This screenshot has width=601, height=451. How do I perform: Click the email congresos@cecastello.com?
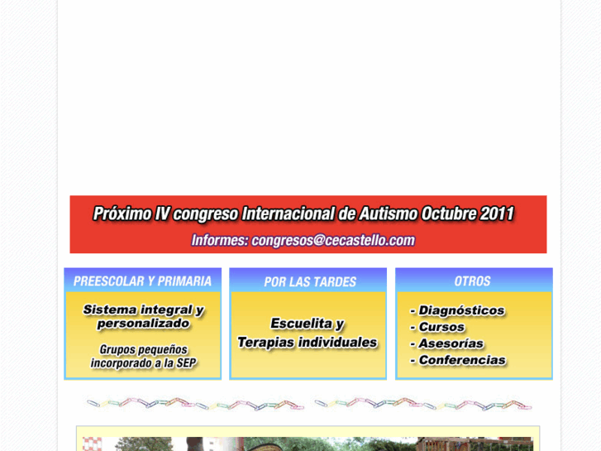pos(332,241)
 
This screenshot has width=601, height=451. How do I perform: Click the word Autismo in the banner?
pos(388,214)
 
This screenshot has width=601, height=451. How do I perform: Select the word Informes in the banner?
pos(220,241)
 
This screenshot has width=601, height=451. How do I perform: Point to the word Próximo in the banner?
pos(122,214)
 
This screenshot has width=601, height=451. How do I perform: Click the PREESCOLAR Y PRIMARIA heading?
pos(142,281)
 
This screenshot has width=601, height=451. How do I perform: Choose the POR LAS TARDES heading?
pos(310,282)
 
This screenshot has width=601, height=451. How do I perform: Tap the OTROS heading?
pos(472,281)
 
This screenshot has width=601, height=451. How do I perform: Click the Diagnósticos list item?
pos(461,311)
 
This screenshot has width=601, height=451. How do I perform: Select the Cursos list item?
pos(441,328)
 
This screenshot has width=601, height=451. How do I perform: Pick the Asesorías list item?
pos(451,343)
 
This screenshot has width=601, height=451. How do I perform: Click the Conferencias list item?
pos(461,360)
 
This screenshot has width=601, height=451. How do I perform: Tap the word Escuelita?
pos(308,324)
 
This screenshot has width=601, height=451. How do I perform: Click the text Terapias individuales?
pos(308,342)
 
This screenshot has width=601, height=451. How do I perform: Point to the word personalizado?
pos(143,324)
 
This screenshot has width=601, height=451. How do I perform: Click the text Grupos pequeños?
pos(144,350)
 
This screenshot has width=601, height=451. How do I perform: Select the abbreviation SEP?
pos(186,363)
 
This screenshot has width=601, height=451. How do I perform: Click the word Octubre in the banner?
pos(449,214)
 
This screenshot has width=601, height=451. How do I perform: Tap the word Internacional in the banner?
pos(287,214)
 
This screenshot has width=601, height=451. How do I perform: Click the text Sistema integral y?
pos(143,310)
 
